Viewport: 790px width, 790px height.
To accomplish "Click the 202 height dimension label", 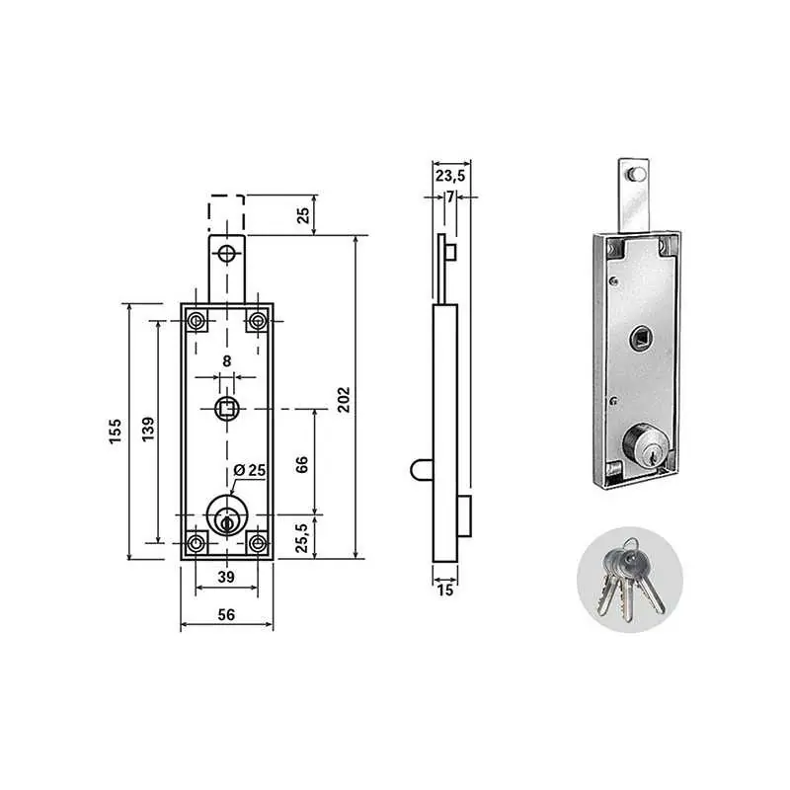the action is point(344,400).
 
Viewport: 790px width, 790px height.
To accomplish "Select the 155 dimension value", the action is point(116,431).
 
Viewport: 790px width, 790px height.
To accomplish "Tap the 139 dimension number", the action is point(147,430).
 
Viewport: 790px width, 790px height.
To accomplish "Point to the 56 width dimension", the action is point(227,614).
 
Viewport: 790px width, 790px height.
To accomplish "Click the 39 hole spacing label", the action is point(226,577).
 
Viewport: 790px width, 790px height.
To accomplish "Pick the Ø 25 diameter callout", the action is point(250,470).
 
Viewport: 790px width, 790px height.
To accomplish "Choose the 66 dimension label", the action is point(302,464).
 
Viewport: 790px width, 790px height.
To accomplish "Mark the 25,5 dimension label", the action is point(302,537).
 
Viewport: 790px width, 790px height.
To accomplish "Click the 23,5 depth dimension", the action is point(450,176).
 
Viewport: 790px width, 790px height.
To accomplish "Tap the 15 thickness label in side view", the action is point(445,590).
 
